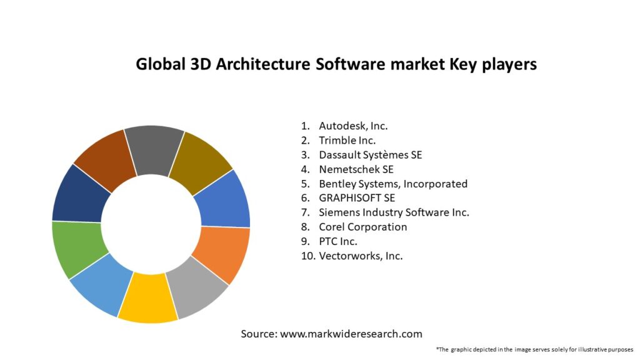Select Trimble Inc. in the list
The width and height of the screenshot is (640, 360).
347,140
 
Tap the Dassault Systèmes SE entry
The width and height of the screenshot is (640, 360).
370,154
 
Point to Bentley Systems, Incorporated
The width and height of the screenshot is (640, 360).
392,184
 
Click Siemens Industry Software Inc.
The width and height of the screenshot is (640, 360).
394,212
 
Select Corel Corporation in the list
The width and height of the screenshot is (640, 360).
362,227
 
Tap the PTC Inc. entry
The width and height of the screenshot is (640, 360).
338,241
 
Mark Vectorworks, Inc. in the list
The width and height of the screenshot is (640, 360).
361,256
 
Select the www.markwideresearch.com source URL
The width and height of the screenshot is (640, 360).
351,334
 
